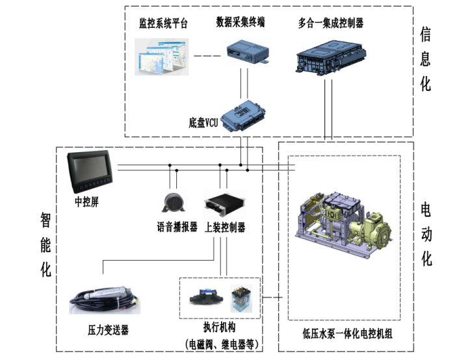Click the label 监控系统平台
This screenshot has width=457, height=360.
pyautogui.click(x=163, y=24)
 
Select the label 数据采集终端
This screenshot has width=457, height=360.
pyautogui.click(x=241, y=22)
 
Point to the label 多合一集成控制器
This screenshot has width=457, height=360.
pyautogui.click(x=330, y=23)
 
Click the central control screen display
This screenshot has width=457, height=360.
pyautogui.click(x=90, y=172)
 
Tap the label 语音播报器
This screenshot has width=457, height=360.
pyautogui.click(x=177, y=227)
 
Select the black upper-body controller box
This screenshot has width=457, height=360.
pyautogui.click(x=224, y=205)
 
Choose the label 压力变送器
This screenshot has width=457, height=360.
pyautogui.click(x=108, y=330)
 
